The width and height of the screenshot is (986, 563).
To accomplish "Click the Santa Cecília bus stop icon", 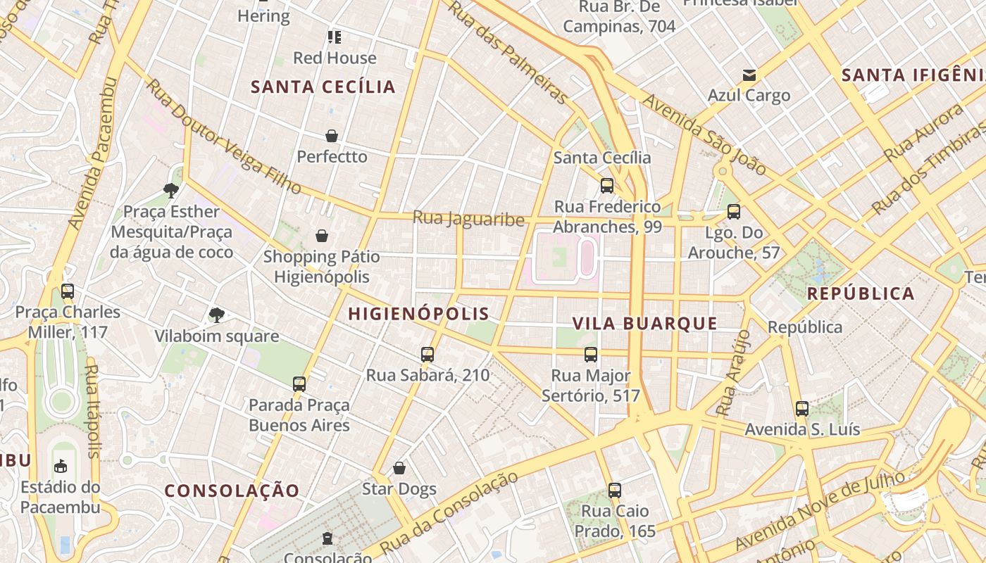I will (x=606, y=186).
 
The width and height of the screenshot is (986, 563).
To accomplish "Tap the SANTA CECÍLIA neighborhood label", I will (x=323, y=87).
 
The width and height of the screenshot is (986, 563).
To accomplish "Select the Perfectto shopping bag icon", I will (x=332, y=136).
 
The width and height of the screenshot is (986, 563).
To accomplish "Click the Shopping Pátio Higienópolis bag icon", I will (x=322, y=236).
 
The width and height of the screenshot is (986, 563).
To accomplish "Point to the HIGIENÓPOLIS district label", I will (x=418, y=314).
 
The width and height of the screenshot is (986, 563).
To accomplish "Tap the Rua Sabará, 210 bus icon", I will (x=428, y=355).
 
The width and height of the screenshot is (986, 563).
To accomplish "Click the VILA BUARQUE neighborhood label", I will (x=644, y=324).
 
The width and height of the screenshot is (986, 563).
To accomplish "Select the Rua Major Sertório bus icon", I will (x=591, y=355).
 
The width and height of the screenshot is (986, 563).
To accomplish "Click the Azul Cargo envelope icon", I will (x=749, y=75).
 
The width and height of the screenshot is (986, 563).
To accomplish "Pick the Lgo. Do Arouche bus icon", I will (x=734, y=212).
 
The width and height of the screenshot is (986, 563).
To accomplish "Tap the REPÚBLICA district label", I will (x=861, y=293).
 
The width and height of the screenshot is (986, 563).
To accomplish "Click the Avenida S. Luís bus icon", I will (x=802, y=409).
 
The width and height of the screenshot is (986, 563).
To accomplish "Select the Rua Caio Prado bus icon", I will (x=615, y=491).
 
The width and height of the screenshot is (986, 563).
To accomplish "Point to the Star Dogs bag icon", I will (x=399, y=468).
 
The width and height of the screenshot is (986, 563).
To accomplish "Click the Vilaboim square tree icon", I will (x=216, y=315).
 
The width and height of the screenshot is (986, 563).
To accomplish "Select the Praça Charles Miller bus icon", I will (x=68, y=291).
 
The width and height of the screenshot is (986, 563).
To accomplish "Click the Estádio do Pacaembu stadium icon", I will (x=61, y=466).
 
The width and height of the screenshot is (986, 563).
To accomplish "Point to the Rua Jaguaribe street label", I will (x=468, y=219).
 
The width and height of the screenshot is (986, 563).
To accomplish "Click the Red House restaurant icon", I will (x=335, y=37).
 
